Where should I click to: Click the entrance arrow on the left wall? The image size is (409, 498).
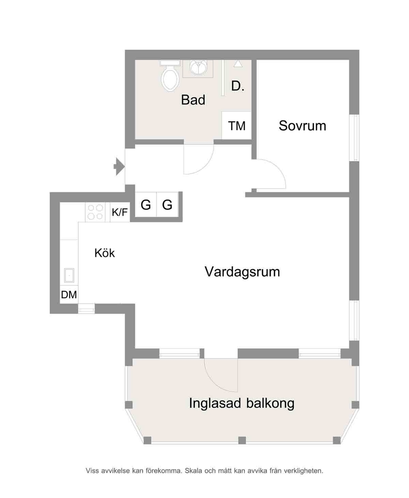tap(119, 166)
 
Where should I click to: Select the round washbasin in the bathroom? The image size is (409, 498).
tap(198, 67)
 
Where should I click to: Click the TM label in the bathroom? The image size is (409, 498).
tap(237, 126)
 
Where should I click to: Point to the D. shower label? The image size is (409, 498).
tap(237, 86)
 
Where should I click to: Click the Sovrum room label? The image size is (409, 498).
tap(302, 126)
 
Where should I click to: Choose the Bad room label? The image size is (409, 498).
tap(193, 100)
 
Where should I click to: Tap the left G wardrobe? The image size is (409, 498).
tap(146, 204)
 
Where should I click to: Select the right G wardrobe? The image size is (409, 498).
tap(167, 204)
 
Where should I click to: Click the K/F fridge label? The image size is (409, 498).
tap(120, 212)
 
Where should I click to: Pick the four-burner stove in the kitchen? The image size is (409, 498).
tap(95, 212)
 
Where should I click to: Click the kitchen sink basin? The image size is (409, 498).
tap(69, 275)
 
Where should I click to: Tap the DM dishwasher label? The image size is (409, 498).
tap(69, 295)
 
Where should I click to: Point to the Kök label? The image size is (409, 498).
tap(104, 253)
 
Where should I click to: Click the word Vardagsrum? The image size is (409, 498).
tap(242, 272)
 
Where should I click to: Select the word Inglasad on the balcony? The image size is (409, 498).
tap(215, 403)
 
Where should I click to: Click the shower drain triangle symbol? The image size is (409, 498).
tap(238, 64)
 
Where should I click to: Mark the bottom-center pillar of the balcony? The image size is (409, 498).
tap(242, 440)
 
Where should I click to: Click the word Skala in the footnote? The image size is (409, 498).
tap(194, 471)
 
